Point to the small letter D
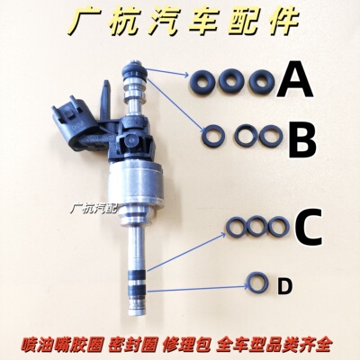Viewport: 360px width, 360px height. (x=284, y=286)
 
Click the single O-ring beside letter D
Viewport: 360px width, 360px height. (x=258, y=283)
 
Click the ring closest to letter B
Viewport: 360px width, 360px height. (x=269, y=138)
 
